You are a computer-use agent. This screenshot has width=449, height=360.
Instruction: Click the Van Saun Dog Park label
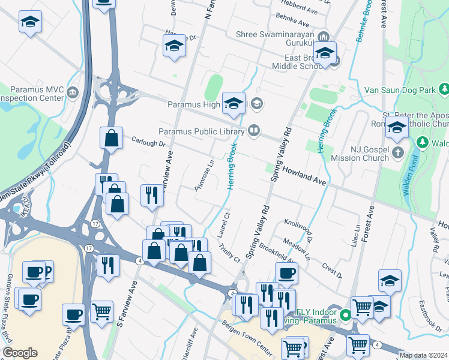point(399,90)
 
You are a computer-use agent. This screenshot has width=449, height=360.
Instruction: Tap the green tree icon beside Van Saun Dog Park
point(444,90)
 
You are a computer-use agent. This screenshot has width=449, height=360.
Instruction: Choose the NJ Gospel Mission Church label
point(360,153)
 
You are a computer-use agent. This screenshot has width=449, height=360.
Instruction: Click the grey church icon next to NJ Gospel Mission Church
point(397,153)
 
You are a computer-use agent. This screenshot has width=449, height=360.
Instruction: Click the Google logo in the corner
point(20,353)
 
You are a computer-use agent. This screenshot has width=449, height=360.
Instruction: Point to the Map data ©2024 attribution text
point(423,355)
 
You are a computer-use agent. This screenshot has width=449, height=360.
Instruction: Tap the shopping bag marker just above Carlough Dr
point(112,138)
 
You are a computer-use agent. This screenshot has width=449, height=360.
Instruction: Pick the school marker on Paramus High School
point(234,103)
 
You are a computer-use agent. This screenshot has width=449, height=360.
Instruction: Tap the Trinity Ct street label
point(229,253)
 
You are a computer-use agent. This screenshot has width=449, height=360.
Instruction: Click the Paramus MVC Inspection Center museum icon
point(73,92)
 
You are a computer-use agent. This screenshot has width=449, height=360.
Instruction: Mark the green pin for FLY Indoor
point(345,314)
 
